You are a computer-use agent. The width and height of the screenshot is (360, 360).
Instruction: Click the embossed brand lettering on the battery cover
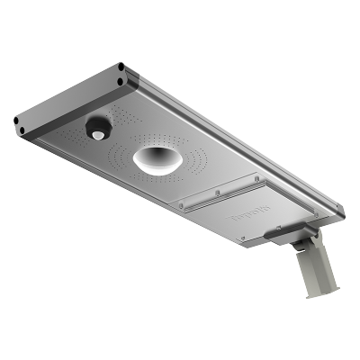click(x=221, y=215)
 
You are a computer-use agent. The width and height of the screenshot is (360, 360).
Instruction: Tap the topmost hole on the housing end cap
click(x=120, y=66)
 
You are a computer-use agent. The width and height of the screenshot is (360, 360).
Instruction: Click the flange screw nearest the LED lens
click(x=180, y=206)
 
